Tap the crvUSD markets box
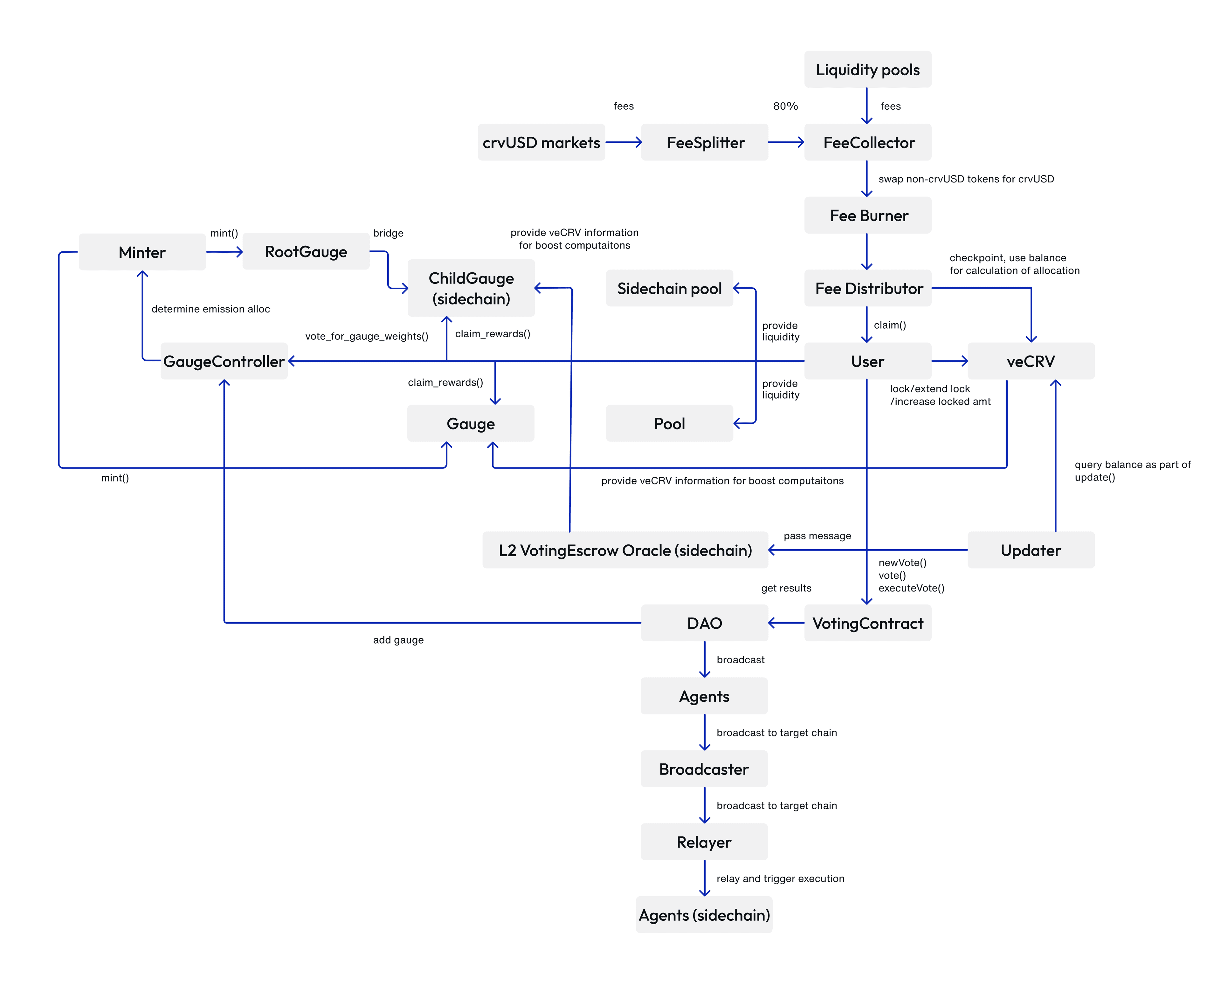pyautogui.click(x=541, y=142)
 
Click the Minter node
pyautogui.click(x=142, y=252)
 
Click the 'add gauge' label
pyautogui.click(x=398, y=640)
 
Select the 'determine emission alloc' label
pyautogui.click(x=210, y=309)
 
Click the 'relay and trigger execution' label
pyautogui.click(x=780, y=878)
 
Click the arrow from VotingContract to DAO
pyautogui.click(x=786, y=623)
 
